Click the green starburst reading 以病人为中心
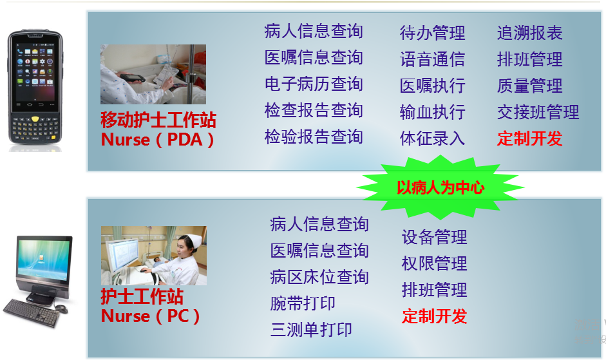tap(440, 187)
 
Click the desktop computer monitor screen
tap(44, 258)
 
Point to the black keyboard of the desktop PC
tap(32, 312)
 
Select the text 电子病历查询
tap(314, 84)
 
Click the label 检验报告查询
tap(314, 137)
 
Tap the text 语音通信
tap(432, 59)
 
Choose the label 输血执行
tap(432, 112)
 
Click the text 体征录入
tap(432, 138)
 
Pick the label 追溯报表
tap(529, 33)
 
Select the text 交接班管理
tap(538, 112)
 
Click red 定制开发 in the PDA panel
tap(529, 138)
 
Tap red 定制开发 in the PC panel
tap(435, 316)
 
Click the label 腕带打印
tap(303, 303)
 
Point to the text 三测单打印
tap(311, 330)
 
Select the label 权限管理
tap(435, 263)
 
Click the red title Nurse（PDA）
tap(157, 140)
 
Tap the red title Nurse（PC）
tap(150, 316)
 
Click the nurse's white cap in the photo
tap(193, 240)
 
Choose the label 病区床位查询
tap(319, 277)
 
